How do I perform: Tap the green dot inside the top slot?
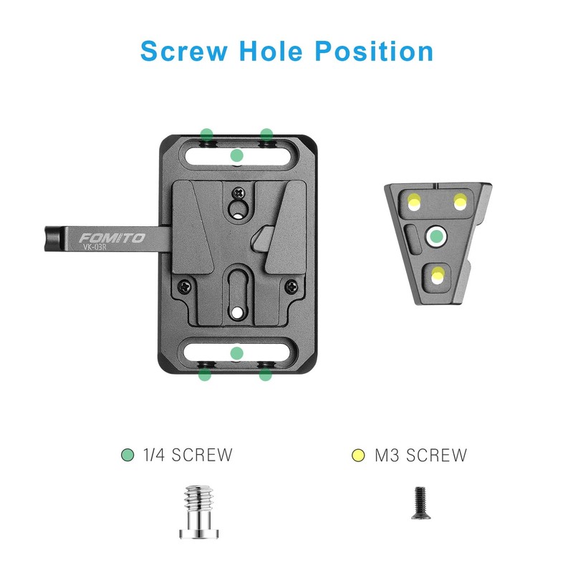click(237, 155)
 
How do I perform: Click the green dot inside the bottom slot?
click(237, 353)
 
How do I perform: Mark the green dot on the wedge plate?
click(435, 236)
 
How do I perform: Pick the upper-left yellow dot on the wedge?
click(414, 202)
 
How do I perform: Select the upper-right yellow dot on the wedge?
click(459, 203)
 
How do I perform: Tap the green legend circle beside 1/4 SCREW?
click(127, 455)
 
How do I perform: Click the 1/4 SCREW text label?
click(188, 455)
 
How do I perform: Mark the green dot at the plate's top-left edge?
click(206, 134)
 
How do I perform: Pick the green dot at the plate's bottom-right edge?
click(266, 374)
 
